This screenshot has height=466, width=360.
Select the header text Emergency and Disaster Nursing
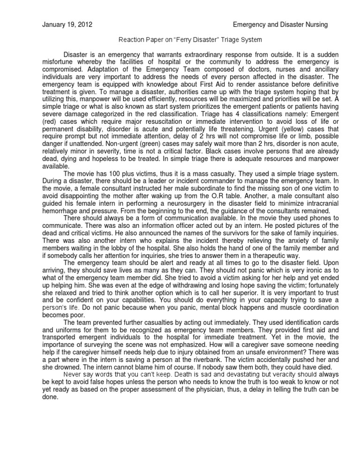click(280, 24)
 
